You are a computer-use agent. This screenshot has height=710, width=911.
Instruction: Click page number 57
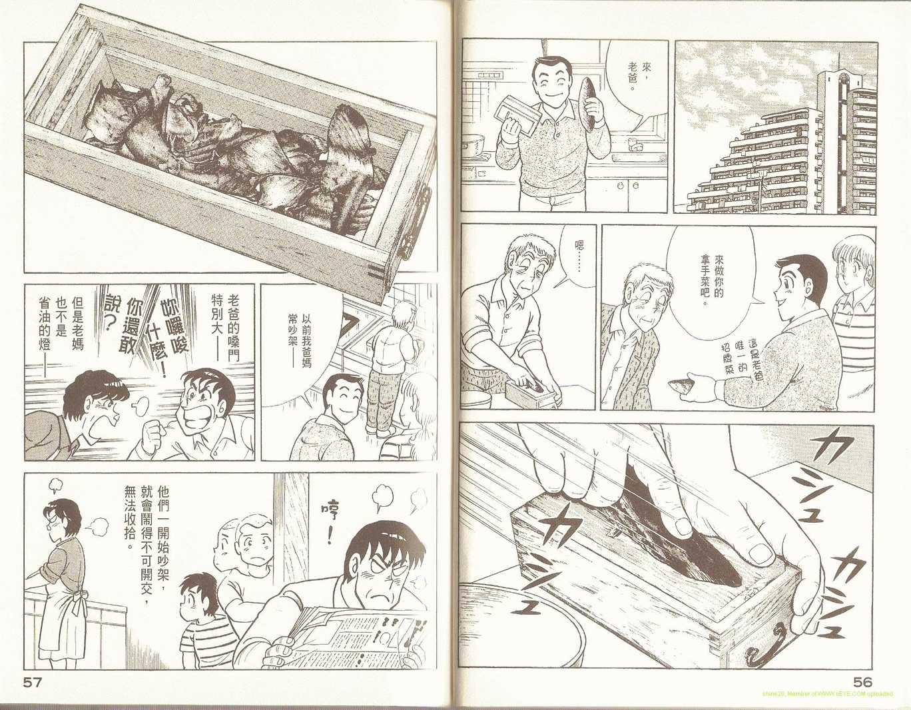coord(35,684)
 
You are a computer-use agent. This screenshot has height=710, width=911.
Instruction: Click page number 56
coord(862,684)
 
